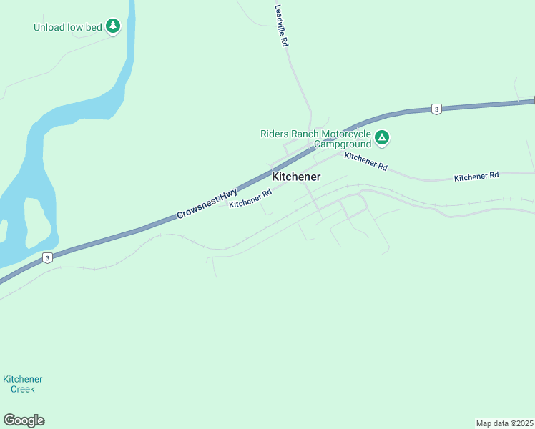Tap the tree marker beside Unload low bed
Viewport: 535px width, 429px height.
(112, 26)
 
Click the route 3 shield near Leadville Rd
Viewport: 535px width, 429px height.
(436, 109)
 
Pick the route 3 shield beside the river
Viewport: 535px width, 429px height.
(46, 258)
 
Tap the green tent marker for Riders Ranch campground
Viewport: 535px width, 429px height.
(382, 137)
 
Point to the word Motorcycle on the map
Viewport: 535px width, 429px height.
(346, 134)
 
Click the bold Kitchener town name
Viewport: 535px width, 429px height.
(296, 177)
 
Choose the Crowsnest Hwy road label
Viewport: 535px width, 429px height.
(207, 204)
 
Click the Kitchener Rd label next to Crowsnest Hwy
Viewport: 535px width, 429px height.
(250, 198)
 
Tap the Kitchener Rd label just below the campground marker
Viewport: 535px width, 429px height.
(365, 161)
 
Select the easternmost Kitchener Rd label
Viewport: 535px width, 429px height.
(476, 176)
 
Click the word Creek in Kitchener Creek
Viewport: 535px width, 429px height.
(22, 389)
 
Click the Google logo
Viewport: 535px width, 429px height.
(24, 420)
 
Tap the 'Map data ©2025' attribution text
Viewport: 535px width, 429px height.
(504, 423)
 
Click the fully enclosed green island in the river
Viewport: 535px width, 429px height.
(37, 222)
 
